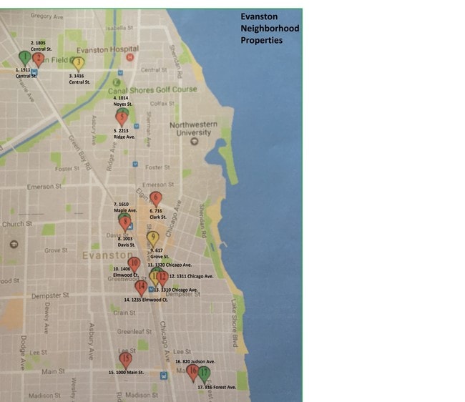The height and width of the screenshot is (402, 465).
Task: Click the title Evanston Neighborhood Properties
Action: point(269,28)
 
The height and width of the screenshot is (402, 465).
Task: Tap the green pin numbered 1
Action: point(24,57)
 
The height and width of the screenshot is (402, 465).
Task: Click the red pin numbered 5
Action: point(122,117)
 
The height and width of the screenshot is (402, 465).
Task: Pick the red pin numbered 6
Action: point(156,198)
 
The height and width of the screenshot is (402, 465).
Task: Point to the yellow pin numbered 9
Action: point(152,238)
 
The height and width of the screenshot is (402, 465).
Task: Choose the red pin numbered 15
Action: point(126,359)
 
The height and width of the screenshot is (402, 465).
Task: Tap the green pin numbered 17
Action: point(205,373)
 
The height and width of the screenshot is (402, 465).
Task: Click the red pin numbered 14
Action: point(141,286)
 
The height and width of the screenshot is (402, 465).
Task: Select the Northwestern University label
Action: point(192,128)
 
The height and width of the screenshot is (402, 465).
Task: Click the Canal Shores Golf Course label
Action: point(152,90)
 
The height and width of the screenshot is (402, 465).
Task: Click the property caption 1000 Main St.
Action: point(126,373)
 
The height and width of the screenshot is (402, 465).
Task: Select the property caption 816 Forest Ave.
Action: point(217,387)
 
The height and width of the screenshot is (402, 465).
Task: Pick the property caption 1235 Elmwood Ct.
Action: point(146,300)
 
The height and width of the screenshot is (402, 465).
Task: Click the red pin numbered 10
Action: point(134,263)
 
